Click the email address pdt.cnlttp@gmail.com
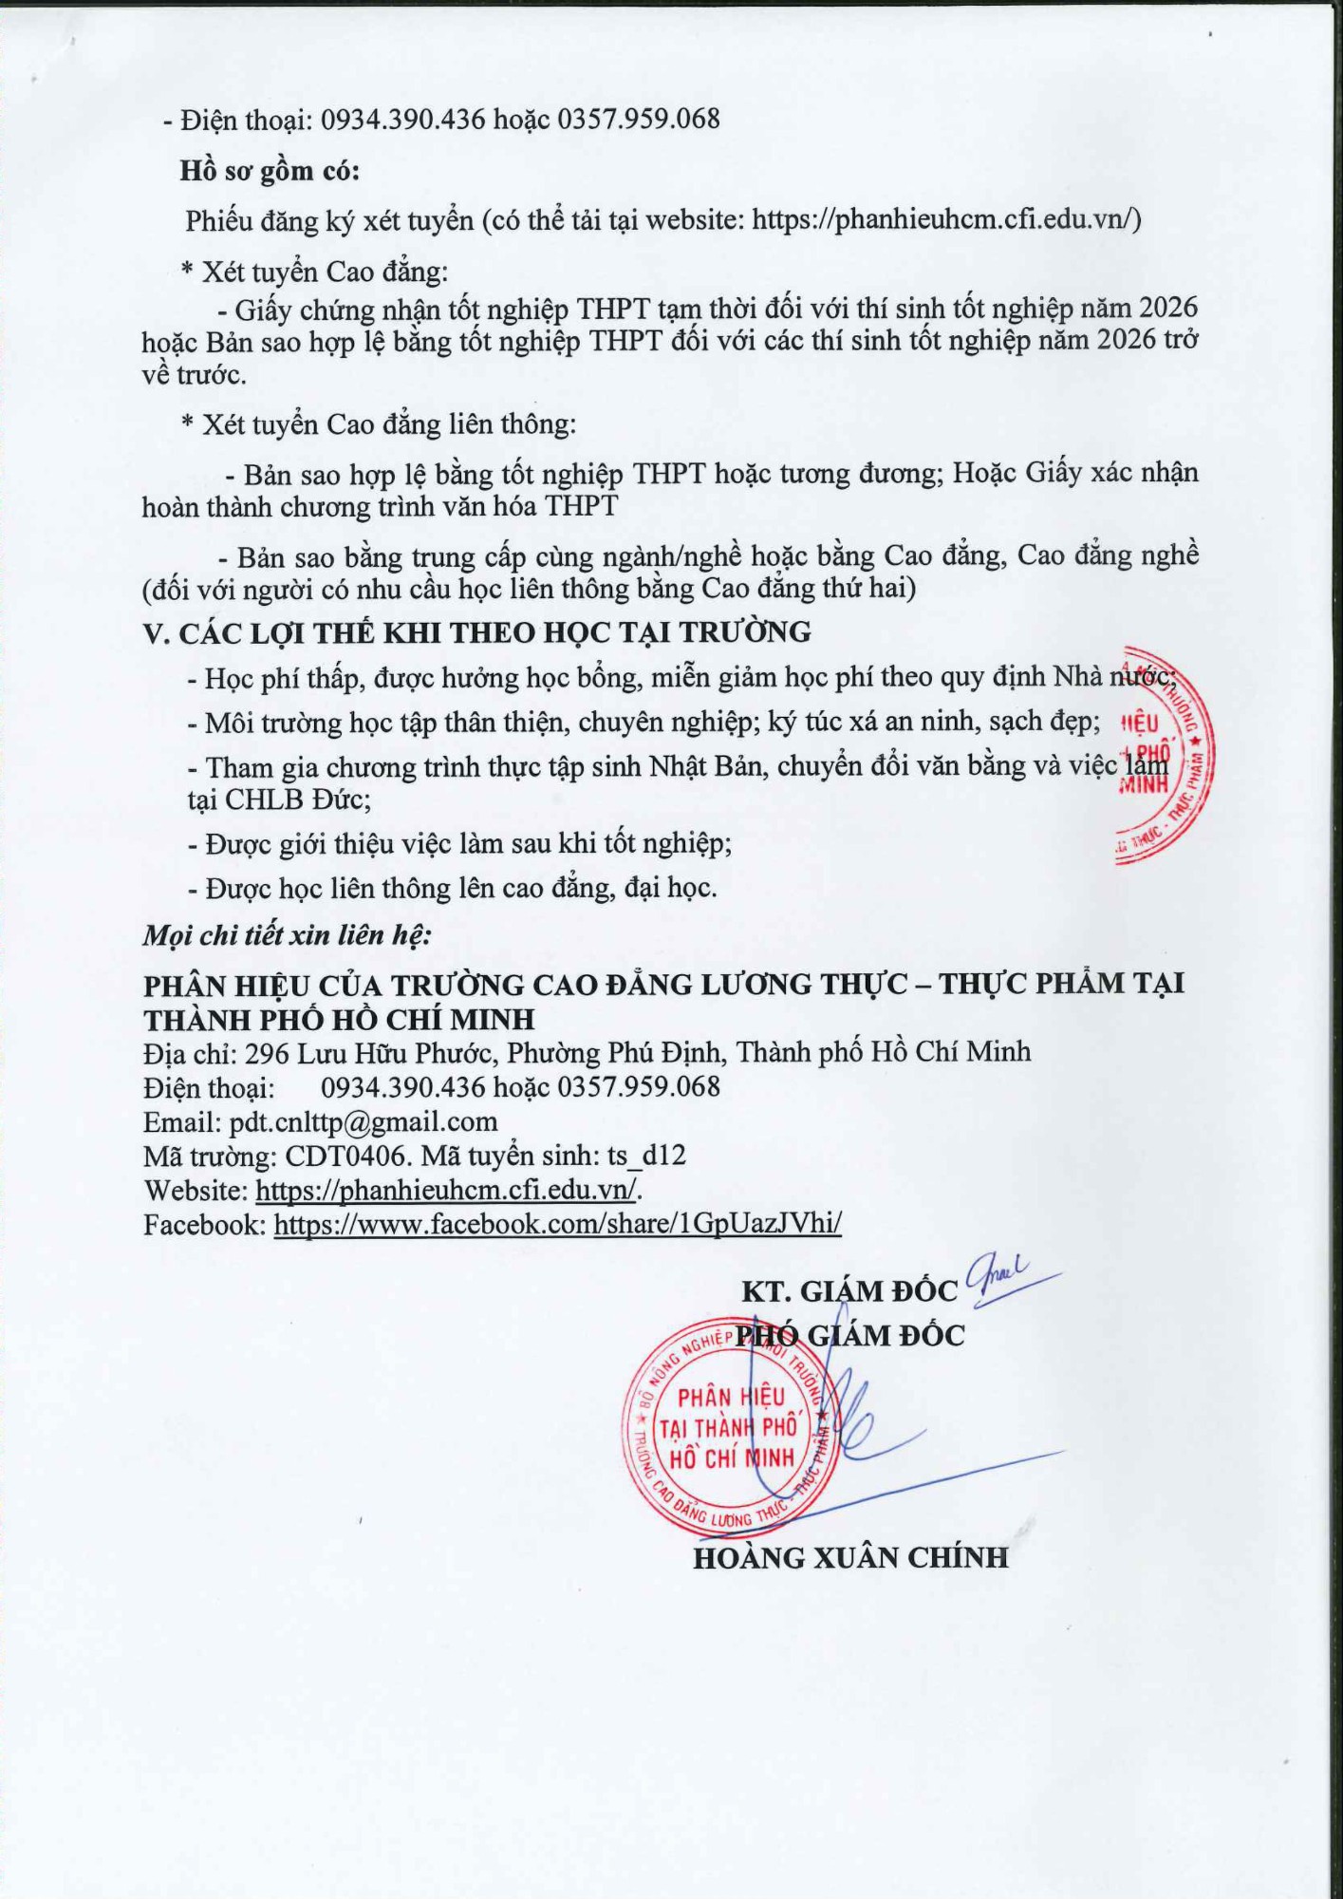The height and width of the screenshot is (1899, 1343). point(364,1121)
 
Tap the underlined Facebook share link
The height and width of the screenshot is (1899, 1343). point(558,1224)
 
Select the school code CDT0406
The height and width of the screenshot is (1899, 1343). point(348,1156)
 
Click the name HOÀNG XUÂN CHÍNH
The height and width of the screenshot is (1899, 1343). point(850,1558)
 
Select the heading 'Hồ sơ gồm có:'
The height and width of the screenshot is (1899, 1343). point(270,171)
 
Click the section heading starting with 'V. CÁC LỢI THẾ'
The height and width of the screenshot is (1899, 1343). point(476,632)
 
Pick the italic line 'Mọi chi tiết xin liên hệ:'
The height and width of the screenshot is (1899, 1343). point(288,935)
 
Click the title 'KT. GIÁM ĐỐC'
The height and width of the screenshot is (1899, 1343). point(849,1291)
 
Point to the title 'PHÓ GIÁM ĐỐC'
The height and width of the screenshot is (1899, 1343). point(850,1336)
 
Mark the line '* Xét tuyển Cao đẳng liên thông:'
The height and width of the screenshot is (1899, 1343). point(379,423)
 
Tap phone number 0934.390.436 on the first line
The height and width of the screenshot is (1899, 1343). point(402,119)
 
